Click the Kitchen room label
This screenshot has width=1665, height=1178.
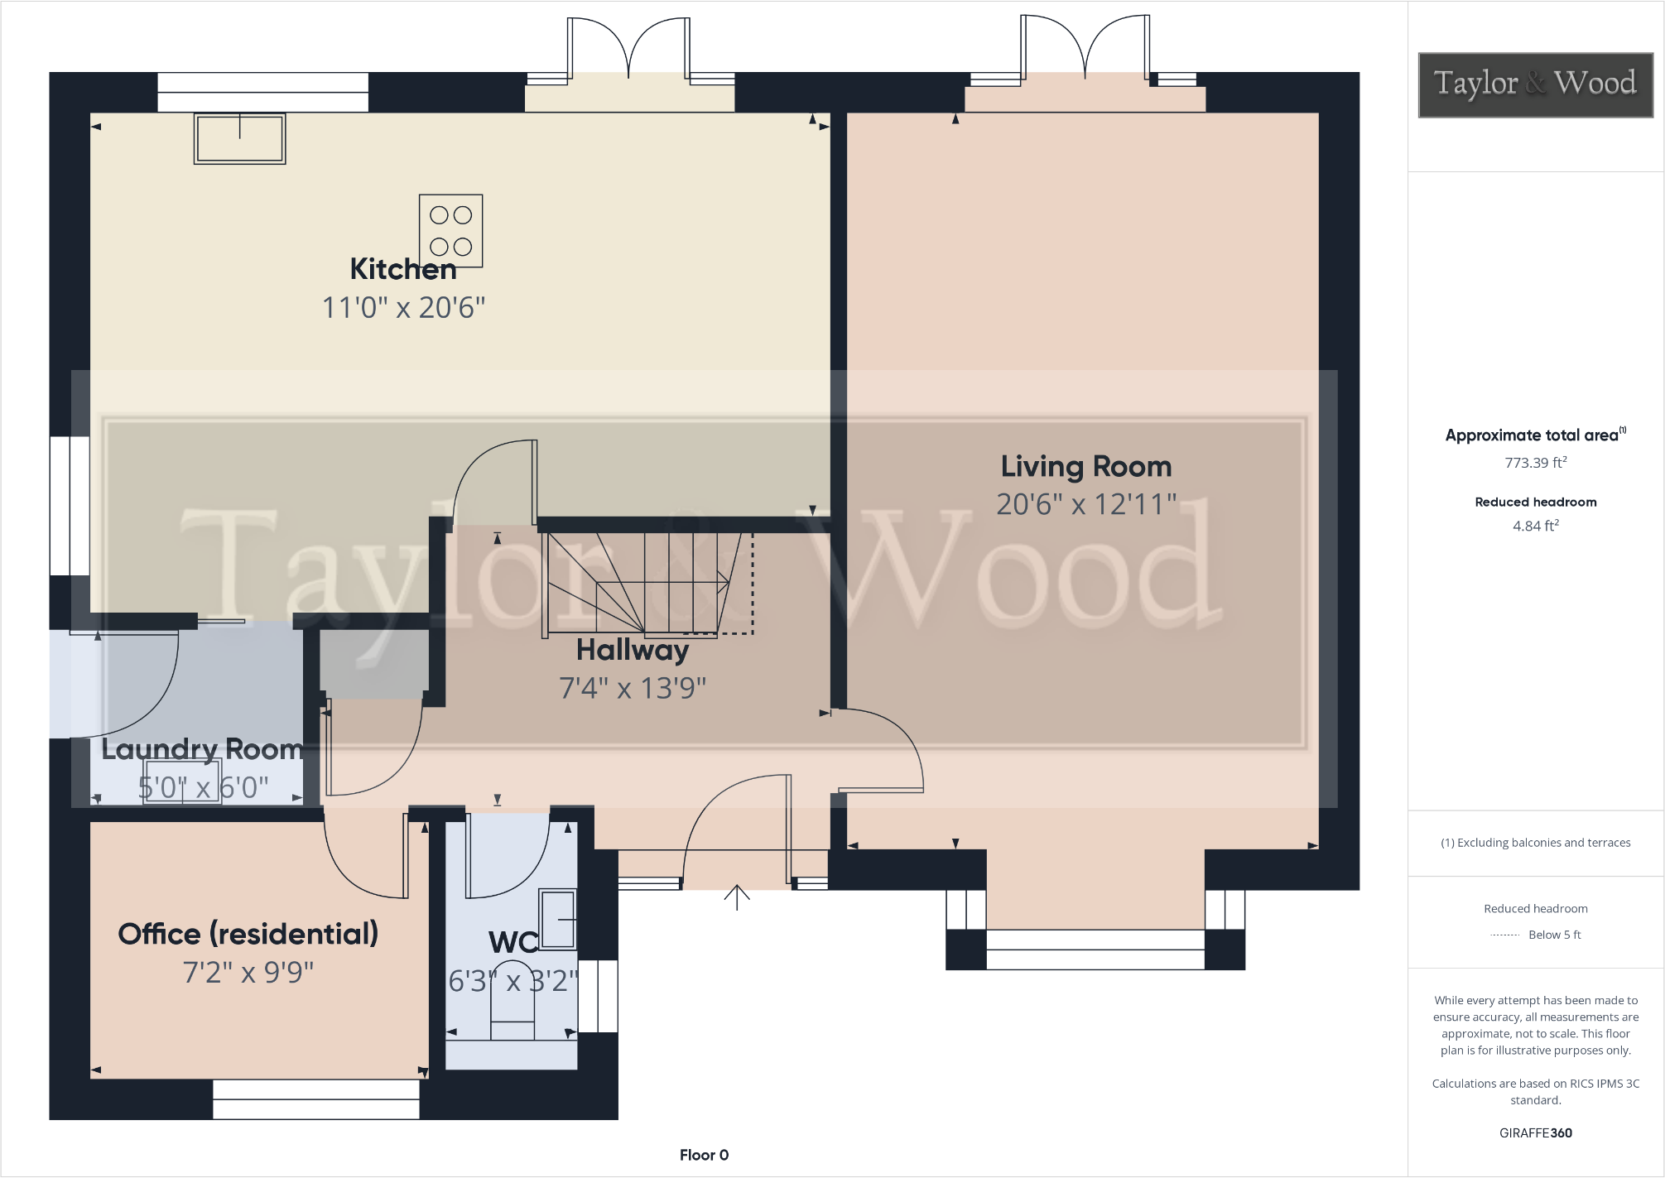pos(402,269)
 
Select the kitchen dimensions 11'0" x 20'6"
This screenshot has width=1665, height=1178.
pos(403,308)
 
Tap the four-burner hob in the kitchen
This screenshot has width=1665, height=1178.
pos(450,231)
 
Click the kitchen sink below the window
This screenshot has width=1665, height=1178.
pos(239,138)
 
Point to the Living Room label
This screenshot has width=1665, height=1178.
pos(1085,466)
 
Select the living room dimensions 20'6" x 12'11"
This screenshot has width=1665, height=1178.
pos(1085,504)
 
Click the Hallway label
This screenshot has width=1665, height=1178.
pos(632,650)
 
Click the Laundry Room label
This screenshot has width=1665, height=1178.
pos(201,749)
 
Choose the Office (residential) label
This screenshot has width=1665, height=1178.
pos(248,934)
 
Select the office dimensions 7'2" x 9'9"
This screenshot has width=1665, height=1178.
pos(248,972)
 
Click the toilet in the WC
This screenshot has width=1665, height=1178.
pos(512,1002)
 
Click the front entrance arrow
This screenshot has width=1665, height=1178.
pos(736,897)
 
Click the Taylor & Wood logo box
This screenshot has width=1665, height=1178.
pos(1535,84)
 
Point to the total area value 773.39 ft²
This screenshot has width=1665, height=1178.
pos(1535,463)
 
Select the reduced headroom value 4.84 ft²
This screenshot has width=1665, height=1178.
pos(1535,526)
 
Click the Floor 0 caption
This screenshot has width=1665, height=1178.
pos(704,1155)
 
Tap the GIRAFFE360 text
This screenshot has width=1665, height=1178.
pos(1535,1132)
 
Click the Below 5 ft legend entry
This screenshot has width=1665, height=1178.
pos(1553,935)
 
